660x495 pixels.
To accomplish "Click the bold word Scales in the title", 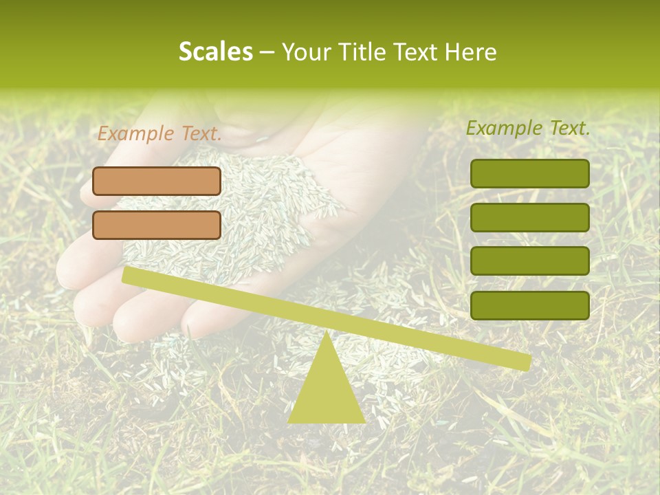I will pyautogui.click(x=215, y=52).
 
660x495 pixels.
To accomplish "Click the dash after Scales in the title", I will pyautogui.click(x=267, y=53).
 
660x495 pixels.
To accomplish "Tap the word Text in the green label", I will pyautogui.click(x=568, y=128).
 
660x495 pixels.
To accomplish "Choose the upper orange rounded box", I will pyautogui.click(x=157, y=181).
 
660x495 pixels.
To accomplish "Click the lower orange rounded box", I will pyautogui.click(x=157, y=225).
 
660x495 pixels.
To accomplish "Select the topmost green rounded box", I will pyautogui.click(x=529, y=173).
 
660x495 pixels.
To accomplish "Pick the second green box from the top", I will pyautogui.click(x=529, y=217).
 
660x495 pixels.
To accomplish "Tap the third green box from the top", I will pyautogui.click(x=529, y=261).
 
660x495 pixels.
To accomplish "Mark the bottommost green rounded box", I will pyautogui.click(x=529, y=305).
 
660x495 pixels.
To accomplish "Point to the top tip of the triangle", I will pyautogui.click(x=327, y=335).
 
